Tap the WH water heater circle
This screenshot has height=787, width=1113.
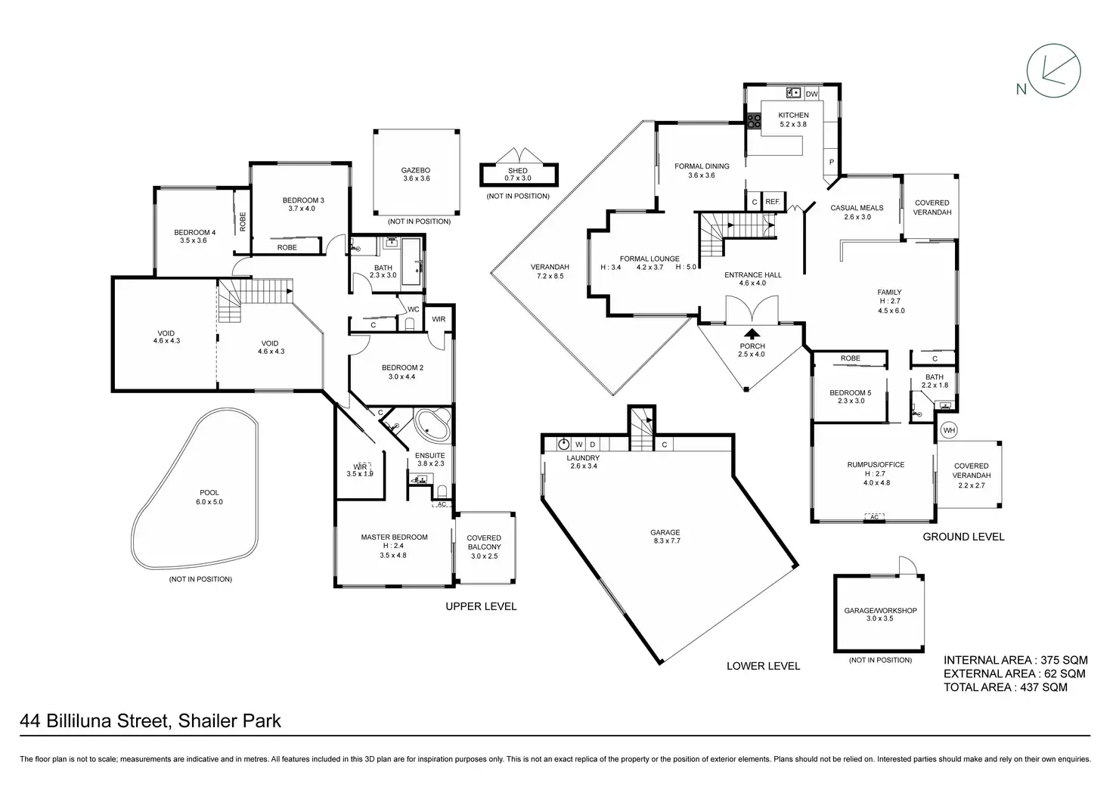coord(949,430)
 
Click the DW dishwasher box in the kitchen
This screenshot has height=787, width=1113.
coord(811,94)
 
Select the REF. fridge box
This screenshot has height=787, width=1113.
coord(772,202)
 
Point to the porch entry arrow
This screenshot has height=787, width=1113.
coord(752,333)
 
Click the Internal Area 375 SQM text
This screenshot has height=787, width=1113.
coord(1015,660)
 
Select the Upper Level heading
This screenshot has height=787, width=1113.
coord(481,606)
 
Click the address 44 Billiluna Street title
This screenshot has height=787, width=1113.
coord(150,720)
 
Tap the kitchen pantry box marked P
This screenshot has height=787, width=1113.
coord(831,162)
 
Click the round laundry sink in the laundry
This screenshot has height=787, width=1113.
coord(563,444)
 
